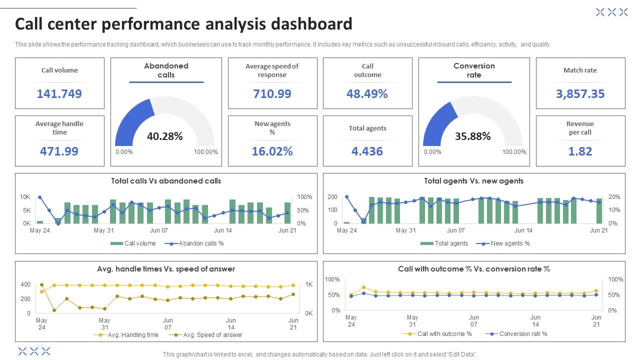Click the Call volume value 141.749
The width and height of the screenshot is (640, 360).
(59, 93)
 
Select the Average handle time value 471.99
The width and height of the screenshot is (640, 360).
(59, 151)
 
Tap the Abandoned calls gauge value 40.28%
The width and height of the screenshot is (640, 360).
(165, 136)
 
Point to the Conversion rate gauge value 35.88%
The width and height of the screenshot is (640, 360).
(473, 136)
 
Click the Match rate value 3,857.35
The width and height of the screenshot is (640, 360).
(580, 93)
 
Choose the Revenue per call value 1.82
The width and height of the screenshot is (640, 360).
(580, 151)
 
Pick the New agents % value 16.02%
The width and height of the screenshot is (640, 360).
(272, 151)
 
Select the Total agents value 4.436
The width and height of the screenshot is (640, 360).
(367, 151)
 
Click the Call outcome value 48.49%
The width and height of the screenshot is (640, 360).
(367, 93)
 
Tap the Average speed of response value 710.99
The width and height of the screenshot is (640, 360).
(272, 93)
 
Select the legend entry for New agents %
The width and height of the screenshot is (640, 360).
(510, 243)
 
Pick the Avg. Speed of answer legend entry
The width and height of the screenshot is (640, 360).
(212, 335)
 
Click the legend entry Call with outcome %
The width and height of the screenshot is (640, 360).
(444, 334)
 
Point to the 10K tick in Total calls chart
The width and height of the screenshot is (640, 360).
(25, 197)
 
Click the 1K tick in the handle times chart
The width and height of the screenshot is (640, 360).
(308, 284)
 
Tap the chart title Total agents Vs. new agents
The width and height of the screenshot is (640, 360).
(473, 181)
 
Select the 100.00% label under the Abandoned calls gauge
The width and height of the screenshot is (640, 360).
(206, 152)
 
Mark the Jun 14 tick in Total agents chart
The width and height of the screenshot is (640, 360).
(523, 230)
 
